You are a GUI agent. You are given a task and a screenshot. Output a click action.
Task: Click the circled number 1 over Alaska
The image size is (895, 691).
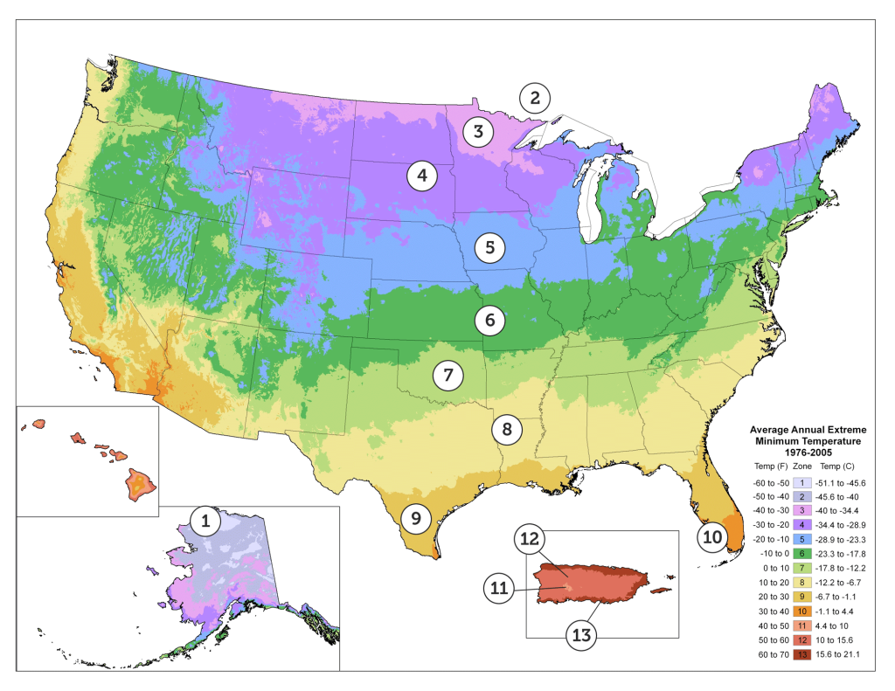pyautogui.click(x=205, y=523)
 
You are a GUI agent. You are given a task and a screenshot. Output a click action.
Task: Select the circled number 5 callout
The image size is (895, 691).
pyautogui.click(x=490, y=246)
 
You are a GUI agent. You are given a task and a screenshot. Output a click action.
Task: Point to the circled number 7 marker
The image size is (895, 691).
pyautogui.click(x=447, y=377)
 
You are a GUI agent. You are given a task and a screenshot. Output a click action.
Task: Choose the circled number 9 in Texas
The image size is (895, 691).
pyautogui.click(x=416, y=518)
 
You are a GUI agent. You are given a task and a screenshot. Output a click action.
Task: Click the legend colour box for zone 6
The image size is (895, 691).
pyautogui.click(x=802, y=553)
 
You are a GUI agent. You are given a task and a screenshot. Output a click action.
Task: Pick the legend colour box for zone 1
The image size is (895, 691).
pyautogui.click(x=802, y=482)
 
